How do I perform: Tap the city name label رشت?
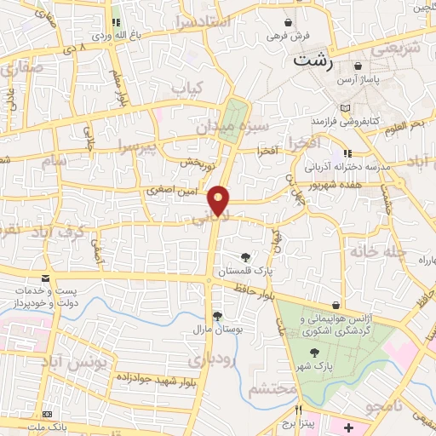(312, 61)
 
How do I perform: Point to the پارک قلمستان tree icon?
(246, 256)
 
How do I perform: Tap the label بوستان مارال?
(212, 328)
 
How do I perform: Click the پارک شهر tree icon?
(315, 353)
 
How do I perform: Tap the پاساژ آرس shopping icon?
(359, 66)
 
